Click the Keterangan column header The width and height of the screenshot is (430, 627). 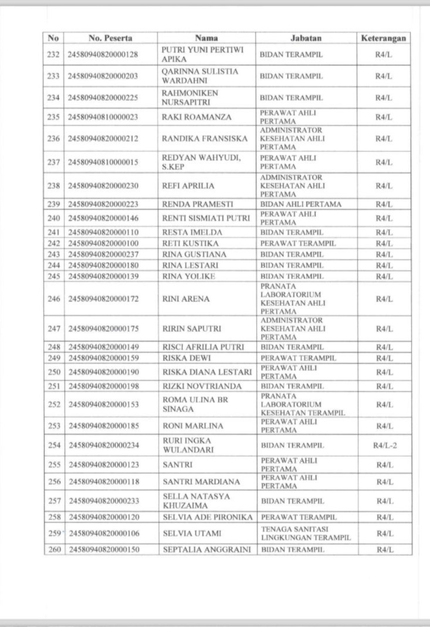point(384,38)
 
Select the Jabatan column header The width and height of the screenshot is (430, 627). point(306,38)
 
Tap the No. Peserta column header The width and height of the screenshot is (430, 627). point(111,38)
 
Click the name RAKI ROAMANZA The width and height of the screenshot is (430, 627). point(197,117)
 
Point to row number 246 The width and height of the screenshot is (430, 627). point(53,299)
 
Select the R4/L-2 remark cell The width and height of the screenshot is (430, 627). point(384,445)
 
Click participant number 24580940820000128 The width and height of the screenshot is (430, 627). point(103,54)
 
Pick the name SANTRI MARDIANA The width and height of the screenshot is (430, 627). point(201,482)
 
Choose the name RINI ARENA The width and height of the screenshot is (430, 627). point(185,299)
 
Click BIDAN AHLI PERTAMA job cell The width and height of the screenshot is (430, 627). point(300,204)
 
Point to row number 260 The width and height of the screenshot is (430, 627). point(53,550)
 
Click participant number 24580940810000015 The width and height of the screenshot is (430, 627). point(103,162)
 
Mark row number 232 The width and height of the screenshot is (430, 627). point(53,54)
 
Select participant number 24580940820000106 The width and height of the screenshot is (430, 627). point(103,533)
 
